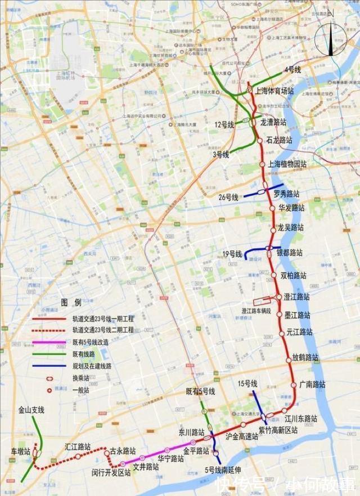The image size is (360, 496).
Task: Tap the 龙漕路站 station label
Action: [273, 122]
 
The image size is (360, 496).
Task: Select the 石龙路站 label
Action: [279, 139]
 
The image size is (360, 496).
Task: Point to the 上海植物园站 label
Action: [287, 164]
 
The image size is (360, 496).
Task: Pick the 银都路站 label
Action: [290, 252]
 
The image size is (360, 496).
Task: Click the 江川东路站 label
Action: [300, 419]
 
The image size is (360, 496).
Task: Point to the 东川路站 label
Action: [191, 432]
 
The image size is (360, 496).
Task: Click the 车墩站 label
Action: [21, 453]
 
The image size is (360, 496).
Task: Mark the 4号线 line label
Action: [292, 69]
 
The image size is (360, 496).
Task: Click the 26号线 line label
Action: [228, 198]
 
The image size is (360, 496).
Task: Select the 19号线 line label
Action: [232, 254]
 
